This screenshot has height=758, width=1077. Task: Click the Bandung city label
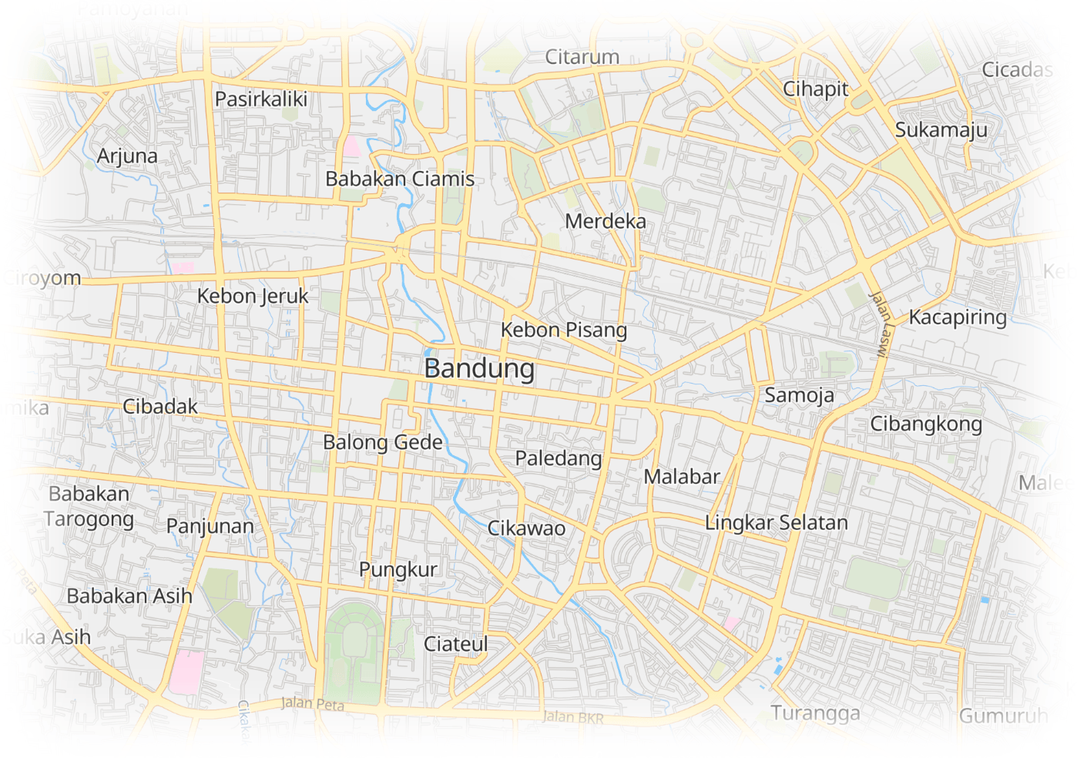[479, 368]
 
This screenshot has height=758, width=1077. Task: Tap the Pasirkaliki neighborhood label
[260, 99]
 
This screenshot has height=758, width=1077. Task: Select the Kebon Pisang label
[563, 330]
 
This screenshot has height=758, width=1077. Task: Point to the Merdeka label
[606, 221]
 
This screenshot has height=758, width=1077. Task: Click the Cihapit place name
[815, 89]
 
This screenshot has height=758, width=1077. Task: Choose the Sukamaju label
[941, 130]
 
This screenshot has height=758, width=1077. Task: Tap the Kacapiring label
[958, 317]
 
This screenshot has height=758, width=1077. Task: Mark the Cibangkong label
[925, 424]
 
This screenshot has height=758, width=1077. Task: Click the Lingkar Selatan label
[776, 522]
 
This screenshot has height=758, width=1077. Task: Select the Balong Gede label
[383, 442]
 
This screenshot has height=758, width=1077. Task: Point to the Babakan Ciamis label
[400, 179]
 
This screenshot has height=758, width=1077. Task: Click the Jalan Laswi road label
[879, 324]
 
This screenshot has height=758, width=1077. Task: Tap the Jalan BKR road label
[573, 717]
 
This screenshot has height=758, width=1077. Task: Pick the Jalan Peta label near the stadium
[312, 703]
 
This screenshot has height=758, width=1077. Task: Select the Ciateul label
[455, 644]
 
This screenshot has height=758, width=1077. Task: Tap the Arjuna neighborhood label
[127, 156]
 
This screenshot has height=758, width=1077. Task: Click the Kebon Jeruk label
[253, 296]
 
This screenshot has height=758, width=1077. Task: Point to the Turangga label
[815, 713]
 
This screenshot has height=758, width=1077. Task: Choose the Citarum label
[582, 57]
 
